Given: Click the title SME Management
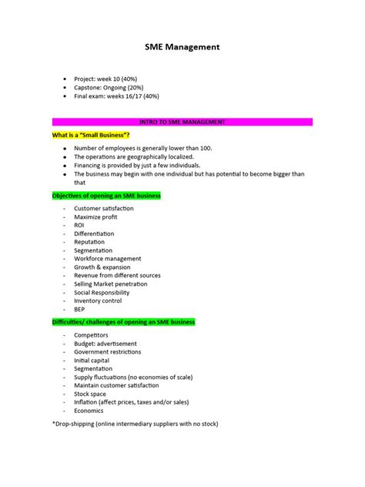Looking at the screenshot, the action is [182, 48].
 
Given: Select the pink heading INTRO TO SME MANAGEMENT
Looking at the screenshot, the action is [182, 122].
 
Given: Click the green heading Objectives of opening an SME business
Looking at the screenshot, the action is [106, 196].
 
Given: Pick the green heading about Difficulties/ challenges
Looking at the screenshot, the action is [123, 321].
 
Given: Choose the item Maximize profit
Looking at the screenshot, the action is [96, 217].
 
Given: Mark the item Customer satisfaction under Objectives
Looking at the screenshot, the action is [103, 208].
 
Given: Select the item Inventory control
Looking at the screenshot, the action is [98, 301].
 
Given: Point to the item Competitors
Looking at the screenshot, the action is [91, 335].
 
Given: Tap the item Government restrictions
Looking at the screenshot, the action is [107, 352].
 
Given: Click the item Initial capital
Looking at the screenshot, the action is [92, 361].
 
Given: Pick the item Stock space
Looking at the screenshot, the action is [90, 394].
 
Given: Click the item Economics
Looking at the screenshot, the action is [89, 411].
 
